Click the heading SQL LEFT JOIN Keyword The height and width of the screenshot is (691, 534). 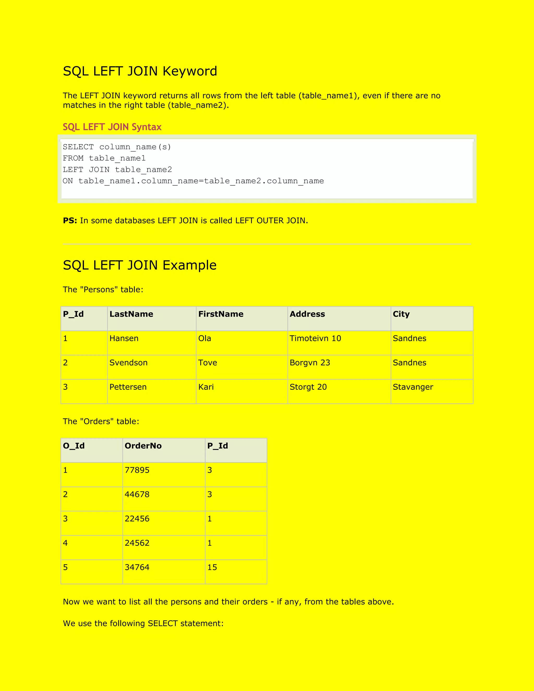pyautogui.click(x=140, y=71)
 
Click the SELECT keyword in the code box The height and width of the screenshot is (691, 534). pyautogui.click(x=78, y=147)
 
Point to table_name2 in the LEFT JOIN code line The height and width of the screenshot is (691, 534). pyautogui.click(x=143, y=169)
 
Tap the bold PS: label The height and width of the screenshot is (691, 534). pyautogui.click(x=70, y=221)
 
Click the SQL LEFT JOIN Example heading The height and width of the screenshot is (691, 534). pyautogui.click(x=139, y=265)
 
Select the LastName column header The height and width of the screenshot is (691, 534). pyautogui.click(x=131, y=314)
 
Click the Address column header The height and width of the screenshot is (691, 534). pyautogui.click(x=307, y=314)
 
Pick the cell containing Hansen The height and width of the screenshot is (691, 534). pyautogui.click(x=124, y=338)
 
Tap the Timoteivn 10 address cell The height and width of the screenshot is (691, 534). pyautogui.click(x=315, y=338)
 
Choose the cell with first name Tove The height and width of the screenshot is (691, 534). pyautogui.click(x=208, y=363)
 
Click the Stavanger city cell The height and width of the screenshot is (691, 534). pyautogui.click(x=413, y=387)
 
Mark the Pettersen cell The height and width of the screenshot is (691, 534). pyautogui.click(x=128, y=387)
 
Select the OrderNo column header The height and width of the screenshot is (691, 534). pyautogui.click(x=143, y=446)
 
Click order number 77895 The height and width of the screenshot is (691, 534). pyautogui.click(x=137, y=470)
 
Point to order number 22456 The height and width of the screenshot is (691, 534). pyautogui.click(x=137, y=519)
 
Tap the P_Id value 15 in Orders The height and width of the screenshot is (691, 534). pyautogui.click(x=212, y=567)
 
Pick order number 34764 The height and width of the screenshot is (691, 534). pyautogui.click(x=137, y=567)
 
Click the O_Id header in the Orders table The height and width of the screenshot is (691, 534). pyautogui.click(x=74, y=446)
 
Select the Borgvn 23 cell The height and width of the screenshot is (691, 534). pyautogui.click(x=310, y=363)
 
